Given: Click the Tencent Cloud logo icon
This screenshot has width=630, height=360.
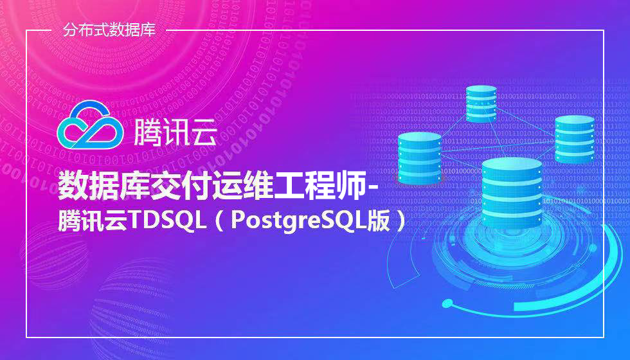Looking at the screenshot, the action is pos(90,125).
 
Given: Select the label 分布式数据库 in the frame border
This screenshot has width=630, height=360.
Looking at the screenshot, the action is pos(109,30).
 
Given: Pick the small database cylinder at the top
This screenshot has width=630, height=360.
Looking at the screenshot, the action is pos(481,104).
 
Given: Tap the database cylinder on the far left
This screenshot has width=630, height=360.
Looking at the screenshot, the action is pos(419,157).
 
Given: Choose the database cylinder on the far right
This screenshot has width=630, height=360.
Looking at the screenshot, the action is pos(575,139).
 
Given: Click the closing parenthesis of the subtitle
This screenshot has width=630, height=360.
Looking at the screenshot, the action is pos(400,221).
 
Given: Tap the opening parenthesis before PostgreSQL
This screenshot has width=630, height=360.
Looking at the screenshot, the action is pos(220,221).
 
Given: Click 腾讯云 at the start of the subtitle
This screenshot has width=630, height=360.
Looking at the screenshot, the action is pos(92,221).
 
